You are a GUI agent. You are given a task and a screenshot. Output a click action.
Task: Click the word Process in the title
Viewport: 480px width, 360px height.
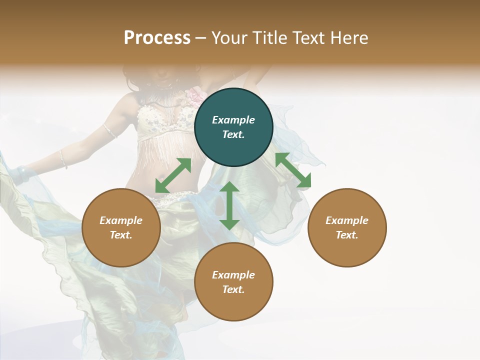pos(157,38)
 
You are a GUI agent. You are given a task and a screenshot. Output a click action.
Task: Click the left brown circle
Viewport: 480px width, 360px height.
pos(121,227)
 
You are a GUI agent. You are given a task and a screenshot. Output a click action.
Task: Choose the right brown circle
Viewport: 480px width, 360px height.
pos(346,227)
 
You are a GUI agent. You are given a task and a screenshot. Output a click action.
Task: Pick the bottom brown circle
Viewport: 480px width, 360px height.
pos(233,281)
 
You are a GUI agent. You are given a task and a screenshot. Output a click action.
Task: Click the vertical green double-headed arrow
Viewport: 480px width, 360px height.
pos(229,205)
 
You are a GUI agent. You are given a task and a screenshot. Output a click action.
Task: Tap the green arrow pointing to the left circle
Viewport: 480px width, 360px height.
pos(173,175)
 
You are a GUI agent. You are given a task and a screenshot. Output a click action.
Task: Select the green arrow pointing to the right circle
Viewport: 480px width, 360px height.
pos(293,170)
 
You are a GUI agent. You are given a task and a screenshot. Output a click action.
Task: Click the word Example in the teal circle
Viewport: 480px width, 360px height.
pos(233,120)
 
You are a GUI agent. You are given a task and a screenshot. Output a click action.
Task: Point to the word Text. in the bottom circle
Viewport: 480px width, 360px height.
pos(233,289)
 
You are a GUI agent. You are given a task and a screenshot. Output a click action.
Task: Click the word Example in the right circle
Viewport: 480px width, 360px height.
pos(346,220)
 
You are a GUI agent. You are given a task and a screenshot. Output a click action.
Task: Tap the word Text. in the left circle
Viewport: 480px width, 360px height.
pos(121,235)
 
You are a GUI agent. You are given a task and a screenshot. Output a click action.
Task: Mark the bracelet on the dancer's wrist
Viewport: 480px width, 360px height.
pos(63,158)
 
